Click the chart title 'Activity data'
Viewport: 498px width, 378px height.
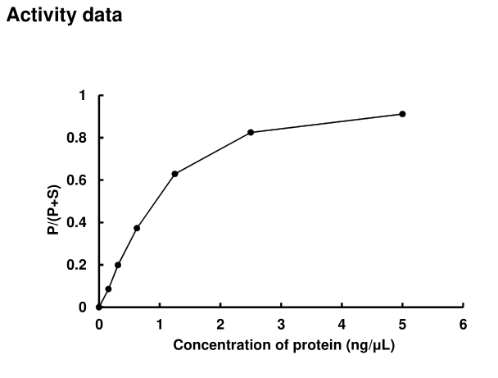tap(65, 16)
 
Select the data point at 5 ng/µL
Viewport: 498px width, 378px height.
tap(402, 114)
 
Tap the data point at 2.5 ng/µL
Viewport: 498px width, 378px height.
tap(251, 132)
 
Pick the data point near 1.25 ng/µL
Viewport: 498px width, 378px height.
tap(174, 174)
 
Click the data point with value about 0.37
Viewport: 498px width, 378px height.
tap(137, 228)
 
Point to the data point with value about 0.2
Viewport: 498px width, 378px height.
tap(118, 265)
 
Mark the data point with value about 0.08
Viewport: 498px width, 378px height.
tap(108, 289)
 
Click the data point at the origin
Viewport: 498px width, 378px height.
tap(99, 307)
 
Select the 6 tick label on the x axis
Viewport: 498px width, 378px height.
tap(463, 322)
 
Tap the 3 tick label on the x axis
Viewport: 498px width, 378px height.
tap(281, 322)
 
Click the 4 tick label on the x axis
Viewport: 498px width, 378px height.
tap(342, 322)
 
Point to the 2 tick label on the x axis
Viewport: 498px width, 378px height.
tap(220, 322)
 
